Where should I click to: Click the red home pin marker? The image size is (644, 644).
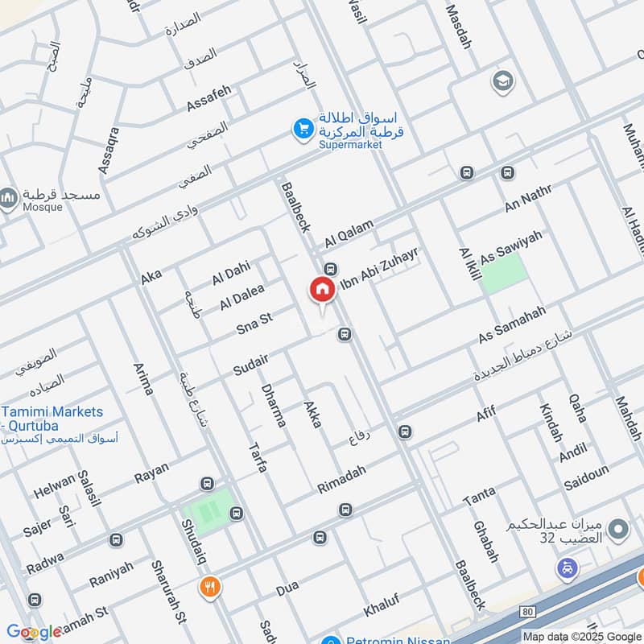[322, 291]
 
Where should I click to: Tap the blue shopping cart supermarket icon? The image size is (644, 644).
[303, 129]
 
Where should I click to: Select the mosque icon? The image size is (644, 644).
[9, 197]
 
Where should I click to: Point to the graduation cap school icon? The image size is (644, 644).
[502, 80]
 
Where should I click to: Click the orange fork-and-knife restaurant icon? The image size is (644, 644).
[209, 587]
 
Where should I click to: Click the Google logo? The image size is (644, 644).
[34, 632]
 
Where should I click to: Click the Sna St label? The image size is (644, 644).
[254, 323]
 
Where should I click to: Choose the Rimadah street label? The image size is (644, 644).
[341, 480]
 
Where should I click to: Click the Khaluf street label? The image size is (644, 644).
[382, 613]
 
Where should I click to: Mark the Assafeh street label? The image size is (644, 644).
[208, 98]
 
